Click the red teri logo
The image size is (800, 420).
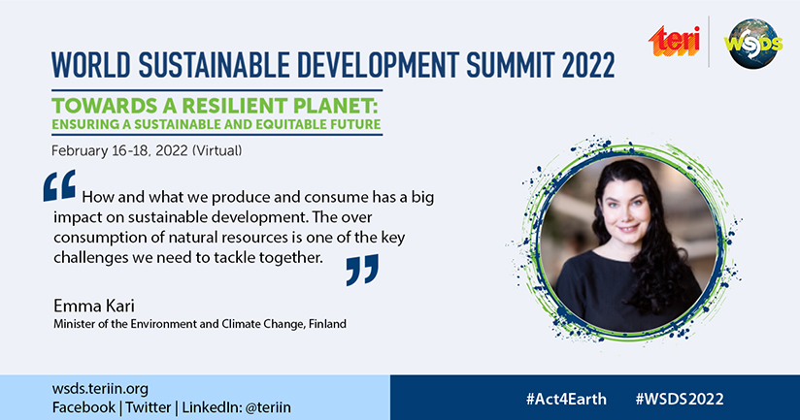tap(674, 41)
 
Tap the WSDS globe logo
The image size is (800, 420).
tap(753, 44)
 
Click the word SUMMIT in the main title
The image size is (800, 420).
tap(510, 65)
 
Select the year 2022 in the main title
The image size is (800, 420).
tap(588, 65)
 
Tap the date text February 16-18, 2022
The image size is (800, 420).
tap(119, 151)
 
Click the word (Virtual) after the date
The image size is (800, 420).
tap(217, 151)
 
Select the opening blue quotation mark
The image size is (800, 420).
tap(59, 185)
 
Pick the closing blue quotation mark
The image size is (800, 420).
tap(362, 269)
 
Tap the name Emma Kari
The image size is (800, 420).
tap(94, 306)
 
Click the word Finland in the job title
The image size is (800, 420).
tap(327, 324)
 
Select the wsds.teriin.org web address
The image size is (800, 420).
tap(100, 389)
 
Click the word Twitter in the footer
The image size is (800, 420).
tap(149, 407)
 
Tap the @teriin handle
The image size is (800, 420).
tap(268, 407)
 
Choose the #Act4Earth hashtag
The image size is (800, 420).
tap(566, 399)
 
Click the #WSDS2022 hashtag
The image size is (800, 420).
tap(680, 399)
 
